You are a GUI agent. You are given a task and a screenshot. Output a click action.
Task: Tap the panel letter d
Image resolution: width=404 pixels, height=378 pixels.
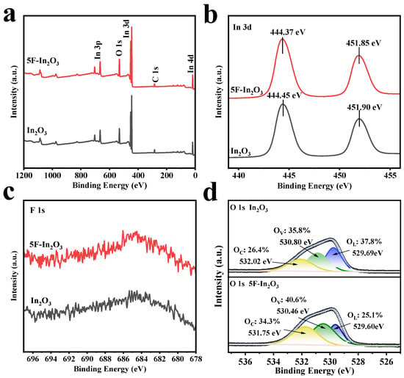pyautogui.click(x=211, y=194)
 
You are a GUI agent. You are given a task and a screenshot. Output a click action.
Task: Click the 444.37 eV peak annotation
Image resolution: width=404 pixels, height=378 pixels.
pyautogui.click(x=287, y=32)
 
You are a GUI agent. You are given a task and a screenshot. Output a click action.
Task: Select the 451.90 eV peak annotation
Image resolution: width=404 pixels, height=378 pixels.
pyautogui.click(x=364, y=107)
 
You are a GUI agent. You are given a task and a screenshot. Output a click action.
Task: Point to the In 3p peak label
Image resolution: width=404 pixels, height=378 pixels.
pyautogui.click(x=98, y=50)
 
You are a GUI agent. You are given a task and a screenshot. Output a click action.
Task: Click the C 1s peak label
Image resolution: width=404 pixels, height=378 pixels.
pyautogui.click(x=155, y=74)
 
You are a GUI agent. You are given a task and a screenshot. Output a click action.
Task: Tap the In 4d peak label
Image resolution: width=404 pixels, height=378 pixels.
pyautogui.click(x=190, y=64)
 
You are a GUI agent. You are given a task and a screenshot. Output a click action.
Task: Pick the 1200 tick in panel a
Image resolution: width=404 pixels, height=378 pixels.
pyautogui.click(x=24, y=175)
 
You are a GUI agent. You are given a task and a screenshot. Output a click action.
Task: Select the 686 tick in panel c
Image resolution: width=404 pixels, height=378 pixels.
pyautogui.click(x=123, y=359)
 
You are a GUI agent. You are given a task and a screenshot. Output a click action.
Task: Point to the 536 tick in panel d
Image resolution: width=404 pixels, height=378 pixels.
pyautogui.click(x=245, y=362)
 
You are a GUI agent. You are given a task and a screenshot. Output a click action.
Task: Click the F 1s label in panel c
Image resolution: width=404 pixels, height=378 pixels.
pyautogui.click(x=37, y=211)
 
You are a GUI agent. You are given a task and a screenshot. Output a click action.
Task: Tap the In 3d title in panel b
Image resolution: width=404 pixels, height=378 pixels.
pyautogui.click(x=242, y=27)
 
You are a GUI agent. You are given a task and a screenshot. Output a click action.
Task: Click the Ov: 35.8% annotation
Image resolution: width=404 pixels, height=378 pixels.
pyautogui.click(x=292, y=230)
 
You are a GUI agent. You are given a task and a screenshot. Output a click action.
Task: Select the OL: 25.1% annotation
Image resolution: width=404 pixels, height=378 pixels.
pyautogui.click(x=365, y=315)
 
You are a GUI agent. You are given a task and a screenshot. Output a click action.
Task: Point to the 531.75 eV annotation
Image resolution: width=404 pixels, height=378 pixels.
pyautogui.click(x=264, y=333)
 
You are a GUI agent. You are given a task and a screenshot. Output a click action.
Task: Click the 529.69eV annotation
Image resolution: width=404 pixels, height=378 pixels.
pyautogui.click(x=367, y=253)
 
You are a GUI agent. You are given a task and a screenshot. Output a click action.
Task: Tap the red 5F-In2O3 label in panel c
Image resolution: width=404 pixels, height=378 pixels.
pyautogui.click(x=46, y=245)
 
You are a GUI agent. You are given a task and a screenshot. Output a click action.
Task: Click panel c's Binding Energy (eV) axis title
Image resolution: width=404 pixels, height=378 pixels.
pyautogui.click(x=110, y=369)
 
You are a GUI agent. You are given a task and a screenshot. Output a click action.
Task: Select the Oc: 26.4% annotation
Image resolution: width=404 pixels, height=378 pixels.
pyautogui.click(x=251, y=250)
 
